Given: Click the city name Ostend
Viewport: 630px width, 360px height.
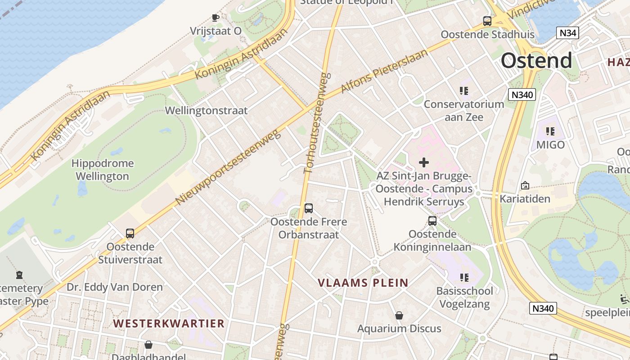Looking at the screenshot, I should point(536,60).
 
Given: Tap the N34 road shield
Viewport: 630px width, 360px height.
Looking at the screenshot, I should point(567,32).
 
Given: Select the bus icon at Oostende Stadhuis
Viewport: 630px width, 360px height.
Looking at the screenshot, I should point(487,21).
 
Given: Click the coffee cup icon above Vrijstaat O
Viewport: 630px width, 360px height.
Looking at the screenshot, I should point(216,18).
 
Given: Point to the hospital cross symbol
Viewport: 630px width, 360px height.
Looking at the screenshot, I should point(424,162).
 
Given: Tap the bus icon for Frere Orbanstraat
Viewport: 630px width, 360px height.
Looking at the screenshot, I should point(309,208).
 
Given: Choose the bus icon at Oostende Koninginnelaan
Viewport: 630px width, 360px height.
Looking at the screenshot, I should point(432,221).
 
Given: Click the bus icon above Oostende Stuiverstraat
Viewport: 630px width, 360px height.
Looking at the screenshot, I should point(130,234).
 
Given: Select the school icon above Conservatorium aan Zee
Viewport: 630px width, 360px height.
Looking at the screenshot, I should point(464,91).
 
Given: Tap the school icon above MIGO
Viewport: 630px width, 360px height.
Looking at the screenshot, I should point(550,131).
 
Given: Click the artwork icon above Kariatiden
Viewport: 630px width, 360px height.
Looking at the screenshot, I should point(525,185).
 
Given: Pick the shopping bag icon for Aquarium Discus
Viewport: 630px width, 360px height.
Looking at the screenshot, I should point(399,315).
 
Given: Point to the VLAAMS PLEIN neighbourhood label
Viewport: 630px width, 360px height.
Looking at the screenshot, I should point(363,283).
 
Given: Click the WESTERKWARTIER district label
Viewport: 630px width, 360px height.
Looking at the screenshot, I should point(169,324).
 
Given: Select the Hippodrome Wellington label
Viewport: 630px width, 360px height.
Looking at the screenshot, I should point(103,170).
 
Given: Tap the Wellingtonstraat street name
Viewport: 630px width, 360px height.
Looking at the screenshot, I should point(207,110).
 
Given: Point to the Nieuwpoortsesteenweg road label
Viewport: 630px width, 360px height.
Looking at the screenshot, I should point(228,166).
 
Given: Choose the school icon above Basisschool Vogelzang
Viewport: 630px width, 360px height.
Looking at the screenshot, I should point(464,278).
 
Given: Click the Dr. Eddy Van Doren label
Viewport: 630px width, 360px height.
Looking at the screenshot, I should point(115,287).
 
